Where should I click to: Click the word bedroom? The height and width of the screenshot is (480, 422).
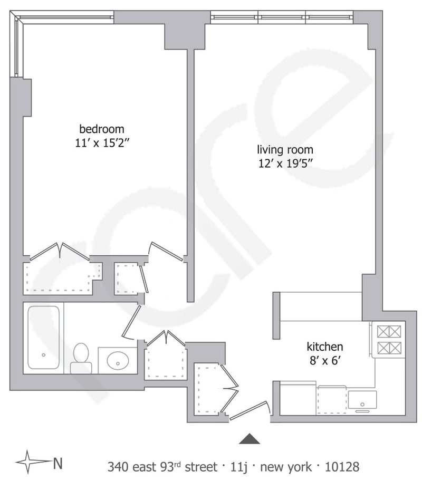[x=102, y=129]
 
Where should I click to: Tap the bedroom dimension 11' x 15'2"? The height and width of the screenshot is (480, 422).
[x=101, y=143]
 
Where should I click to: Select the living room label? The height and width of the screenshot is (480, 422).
[x=285, y=150]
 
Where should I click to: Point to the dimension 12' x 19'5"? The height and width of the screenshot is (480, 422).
[x=285, y=164]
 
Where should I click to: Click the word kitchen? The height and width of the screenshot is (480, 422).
[x=325, y=347]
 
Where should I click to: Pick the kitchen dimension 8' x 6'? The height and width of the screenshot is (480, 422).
[x=325, y=361]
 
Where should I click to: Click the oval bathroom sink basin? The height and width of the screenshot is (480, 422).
[x=118, y=360]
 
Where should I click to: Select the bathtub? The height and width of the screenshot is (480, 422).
[x=43, y=338]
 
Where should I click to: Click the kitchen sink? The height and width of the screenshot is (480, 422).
[x=362, y=400]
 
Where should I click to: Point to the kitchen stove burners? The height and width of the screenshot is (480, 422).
[x=389, y=339]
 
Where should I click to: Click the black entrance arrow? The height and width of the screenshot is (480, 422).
[x=250, y=439]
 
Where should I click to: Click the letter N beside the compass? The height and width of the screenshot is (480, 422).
[x=57, y=464]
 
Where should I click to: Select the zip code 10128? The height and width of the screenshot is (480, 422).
[x=342, y=467]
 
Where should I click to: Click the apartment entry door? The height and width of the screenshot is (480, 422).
[x=250, y=410]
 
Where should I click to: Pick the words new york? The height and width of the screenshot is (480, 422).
[x=285, y=467]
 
